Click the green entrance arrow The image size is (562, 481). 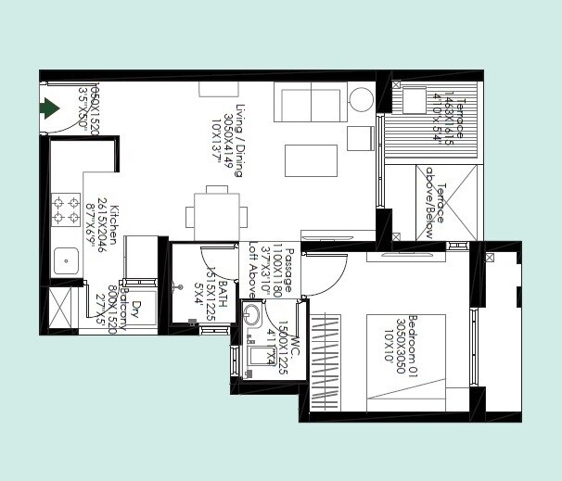[49, 109]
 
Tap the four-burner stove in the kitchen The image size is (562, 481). [65, 209]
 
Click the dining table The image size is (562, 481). [216, 216]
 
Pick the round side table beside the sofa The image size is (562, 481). [361, 99]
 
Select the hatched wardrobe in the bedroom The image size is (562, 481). [327, 363]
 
